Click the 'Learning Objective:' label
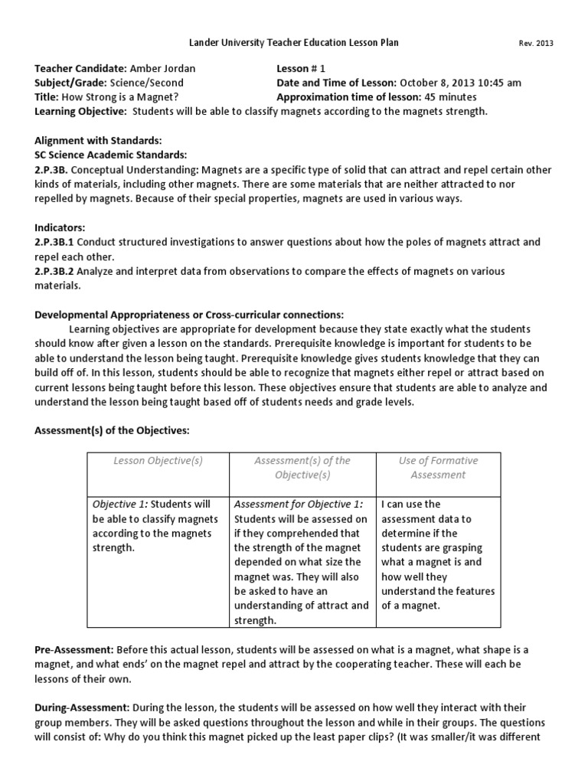coord(80,112)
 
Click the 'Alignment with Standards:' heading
coord(98,141)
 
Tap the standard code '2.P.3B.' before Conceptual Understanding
coord(52,170)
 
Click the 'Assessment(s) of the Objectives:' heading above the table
coord(112,431)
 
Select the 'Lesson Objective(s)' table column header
coord(158,461)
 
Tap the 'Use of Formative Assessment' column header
coord(437,468)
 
